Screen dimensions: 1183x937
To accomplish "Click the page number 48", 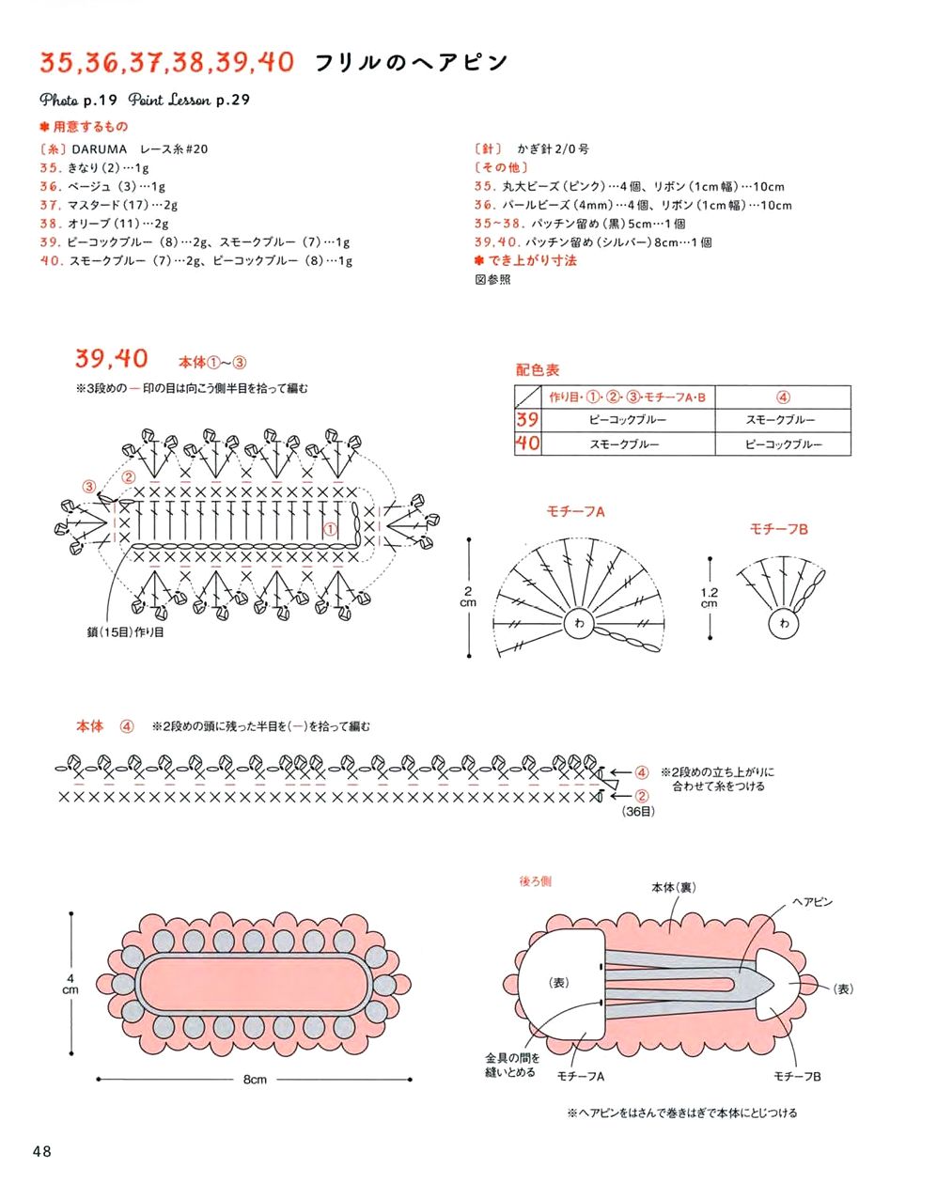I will (41, 1151).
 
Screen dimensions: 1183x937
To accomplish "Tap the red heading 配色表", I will (538, 370).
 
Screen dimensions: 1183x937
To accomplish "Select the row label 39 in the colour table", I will (527, 420).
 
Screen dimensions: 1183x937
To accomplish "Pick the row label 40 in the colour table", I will (527, 444).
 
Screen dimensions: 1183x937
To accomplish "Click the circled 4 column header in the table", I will (783, 397).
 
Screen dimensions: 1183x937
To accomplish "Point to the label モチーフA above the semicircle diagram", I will (575, 511).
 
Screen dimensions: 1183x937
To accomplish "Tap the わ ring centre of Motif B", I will (784, 623).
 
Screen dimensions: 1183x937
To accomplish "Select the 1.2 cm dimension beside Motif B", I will (710, 598).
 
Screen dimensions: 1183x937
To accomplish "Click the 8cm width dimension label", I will (255, 1080).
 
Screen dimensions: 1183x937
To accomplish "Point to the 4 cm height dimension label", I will (70, 985).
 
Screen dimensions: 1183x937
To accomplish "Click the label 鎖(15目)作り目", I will (125, 632).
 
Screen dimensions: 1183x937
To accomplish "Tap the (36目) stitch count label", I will (638, 811).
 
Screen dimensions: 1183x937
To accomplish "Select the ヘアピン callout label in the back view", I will (812, 902).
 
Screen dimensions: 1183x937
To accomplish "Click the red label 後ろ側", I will (536, 881).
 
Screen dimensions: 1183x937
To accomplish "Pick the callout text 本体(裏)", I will (674, 887).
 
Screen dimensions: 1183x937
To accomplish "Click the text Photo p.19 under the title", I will (78, 100).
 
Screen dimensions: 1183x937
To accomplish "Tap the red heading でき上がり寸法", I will (532, 260).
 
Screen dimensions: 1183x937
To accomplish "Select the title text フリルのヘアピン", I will (410, 63).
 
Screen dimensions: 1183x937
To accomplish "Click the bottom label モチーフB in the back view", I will (797, 1076).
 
